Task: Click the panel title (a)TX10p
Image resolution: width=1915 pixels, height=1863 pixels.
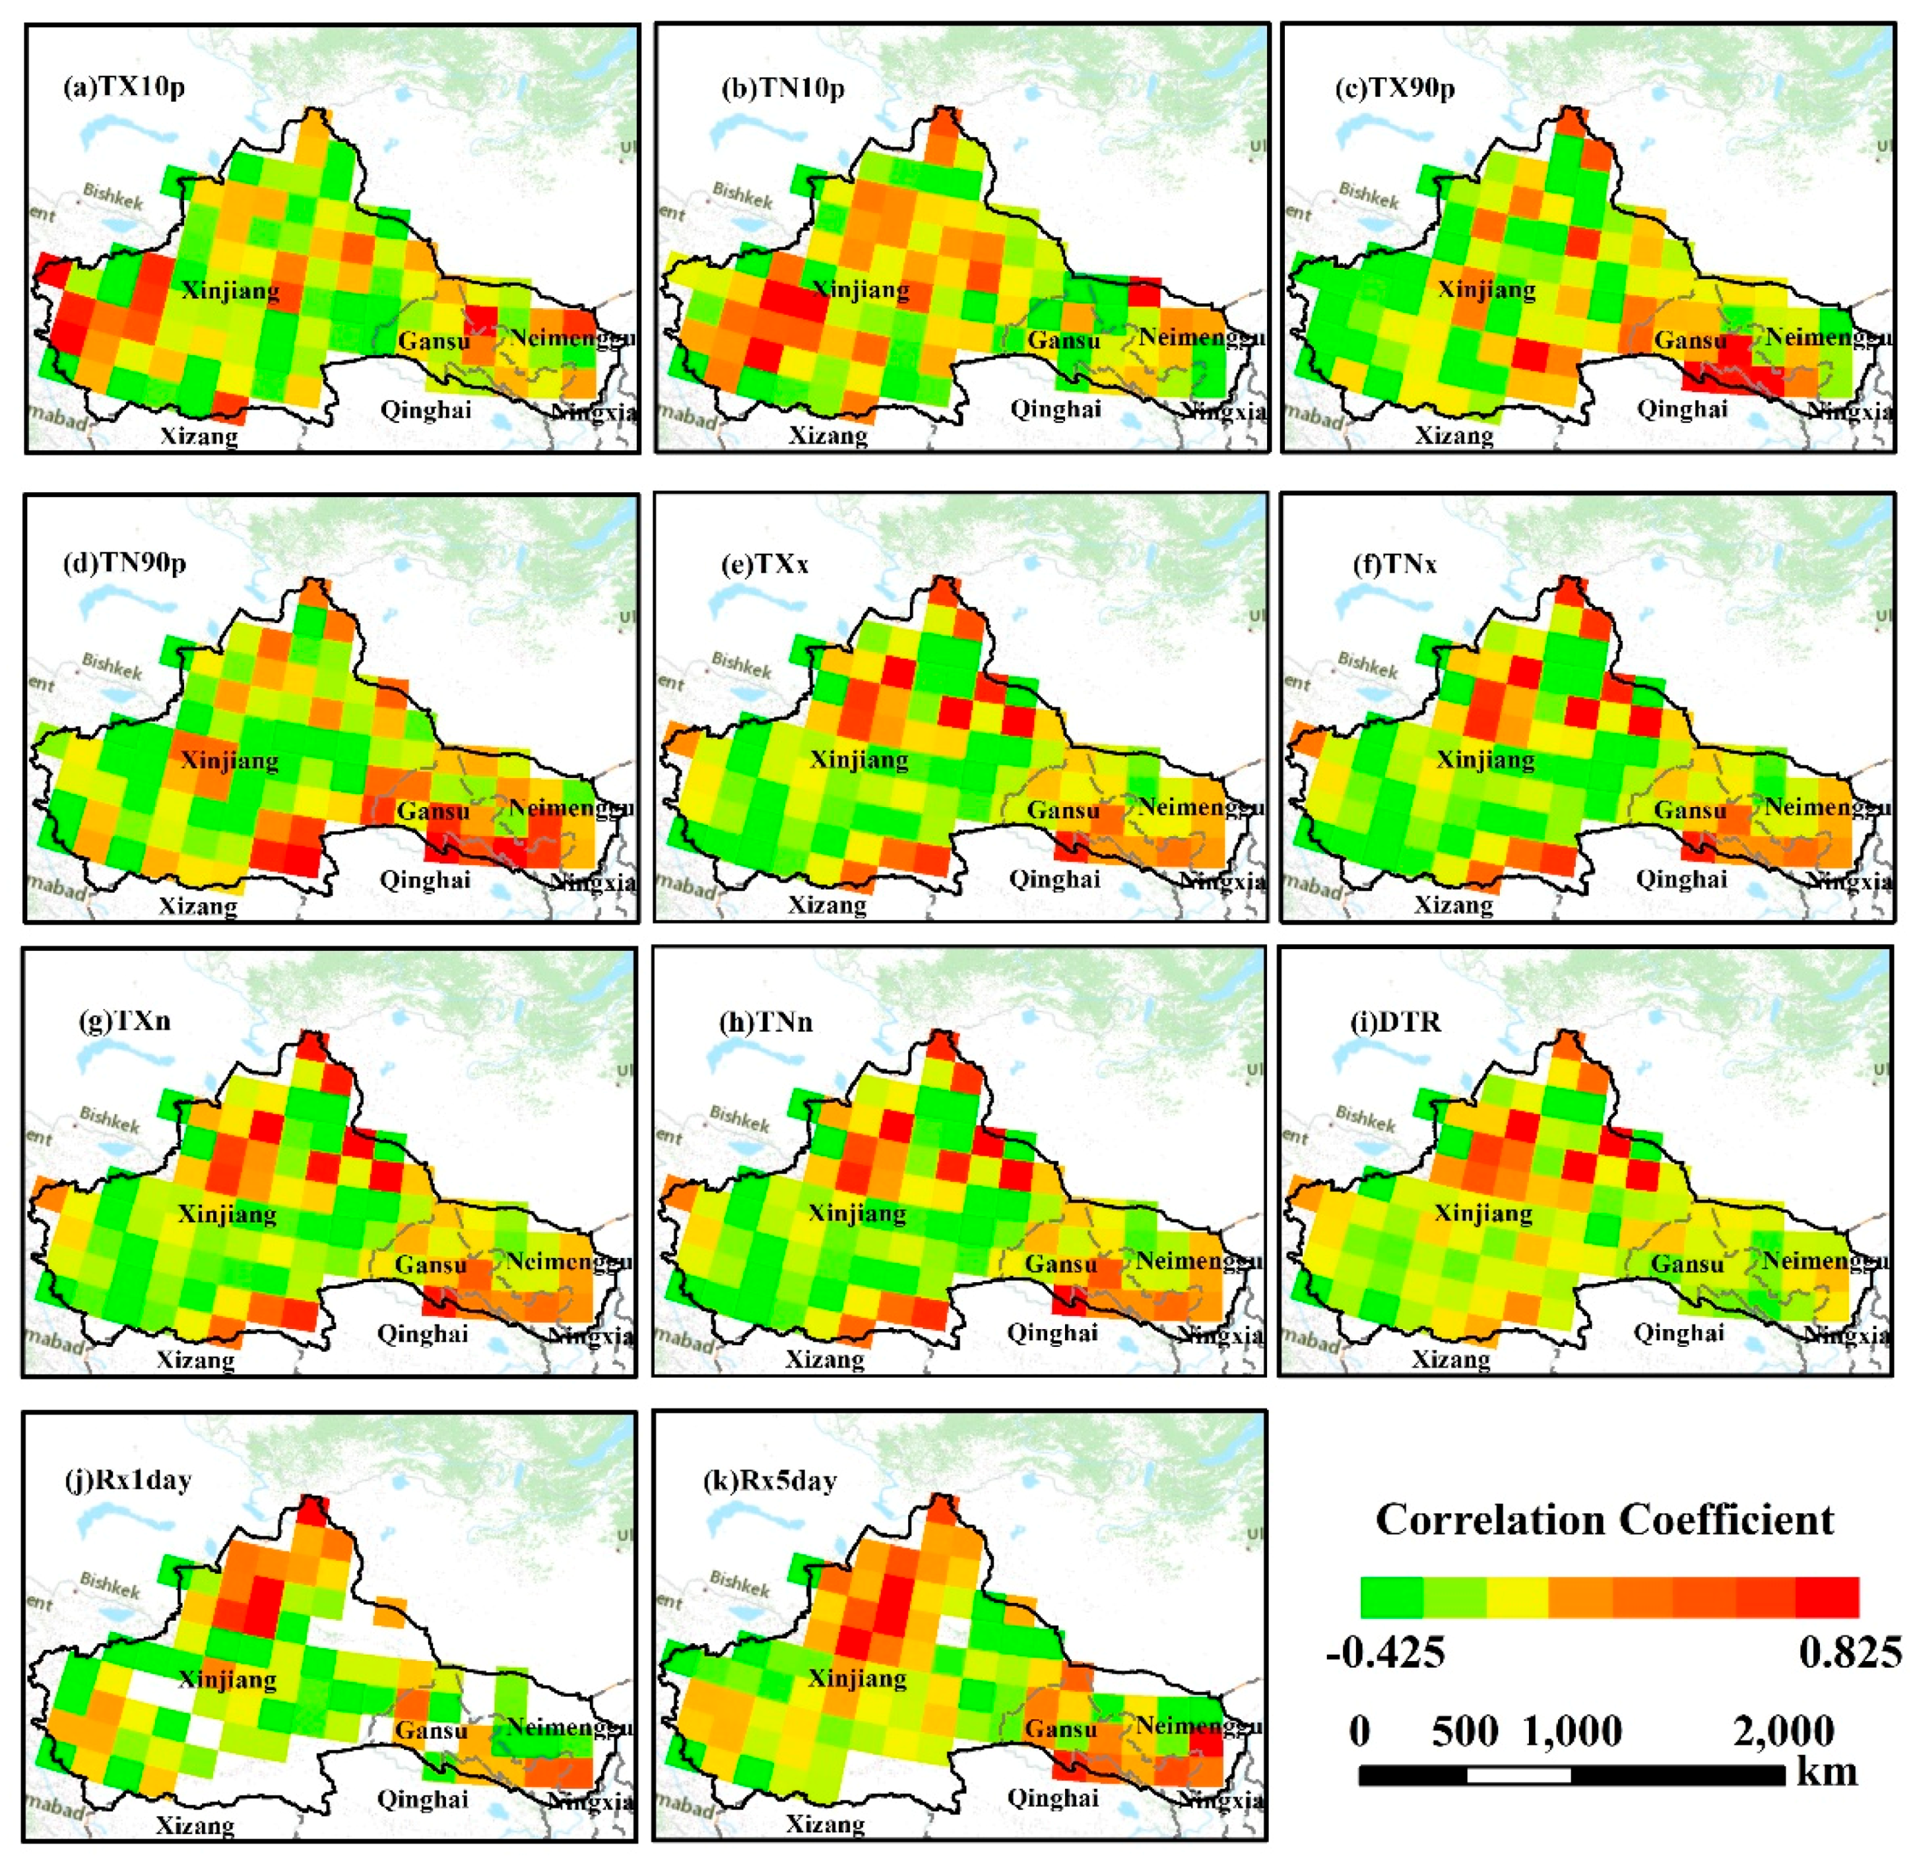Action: pyautogui.click(x=123, y=88)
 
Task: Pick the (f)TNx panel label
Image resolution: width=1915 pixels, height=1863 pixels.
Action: pyautogui.click(x=1394, y=564)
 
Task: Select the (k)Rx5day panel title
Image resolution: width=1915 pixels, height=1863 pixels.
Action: pyautogui.click(x=770, y=1480)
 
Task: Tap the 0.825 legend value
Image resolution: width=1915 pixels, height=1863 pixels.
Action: pyautogui.click(x=1850, y=1652)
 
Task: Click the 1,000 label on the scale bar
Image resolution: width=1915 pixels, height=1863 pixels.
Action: pyautogui.click(x=1573, y=1731)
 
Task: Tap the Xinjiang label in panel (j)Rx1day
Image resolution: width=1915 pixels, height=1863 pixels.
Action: pyautogui.click(x=228, y=1679)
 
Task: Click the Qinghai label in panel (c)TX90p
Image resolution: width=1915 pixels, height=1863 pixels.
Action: pyautogui.click(x=1682, y=409)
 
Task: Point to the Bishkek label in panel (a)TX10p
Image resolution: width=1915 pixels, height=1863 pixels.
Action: pyautogui.click(x=113, y=196)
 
